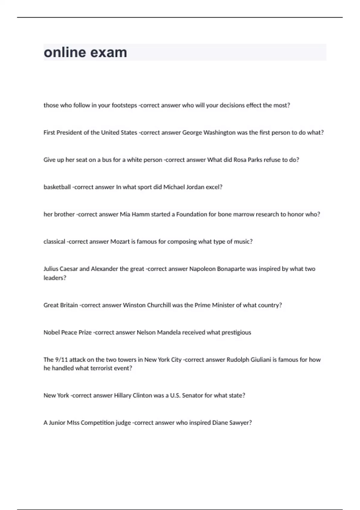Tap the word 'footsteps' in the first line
(x=124, y=105)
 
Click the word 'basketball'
(x=57, y=187)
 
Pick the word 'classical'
(x=54, y=242)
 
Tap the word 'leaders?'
(x=55, y=278)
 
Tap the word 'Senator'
(x=192, y=396)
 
